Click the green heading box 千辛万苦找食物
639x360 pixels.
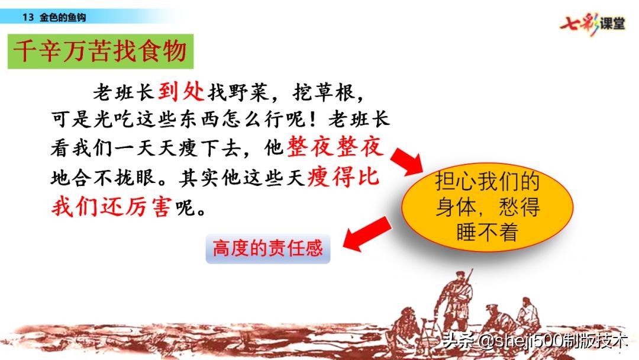(x=101, y=52)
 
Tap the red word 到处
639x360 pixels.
(x=181, y=91)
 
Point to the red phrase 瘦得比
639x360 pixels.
(x=343, y=177)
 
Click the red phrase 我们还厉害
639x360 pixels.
(x=111, y=207)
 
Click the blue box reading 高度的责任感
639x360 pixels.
(x=267, y=248)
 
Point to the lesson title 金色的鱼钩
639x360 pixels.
(x=63, y=17)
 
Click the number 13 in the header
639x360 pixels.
(x=27, y=17)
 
